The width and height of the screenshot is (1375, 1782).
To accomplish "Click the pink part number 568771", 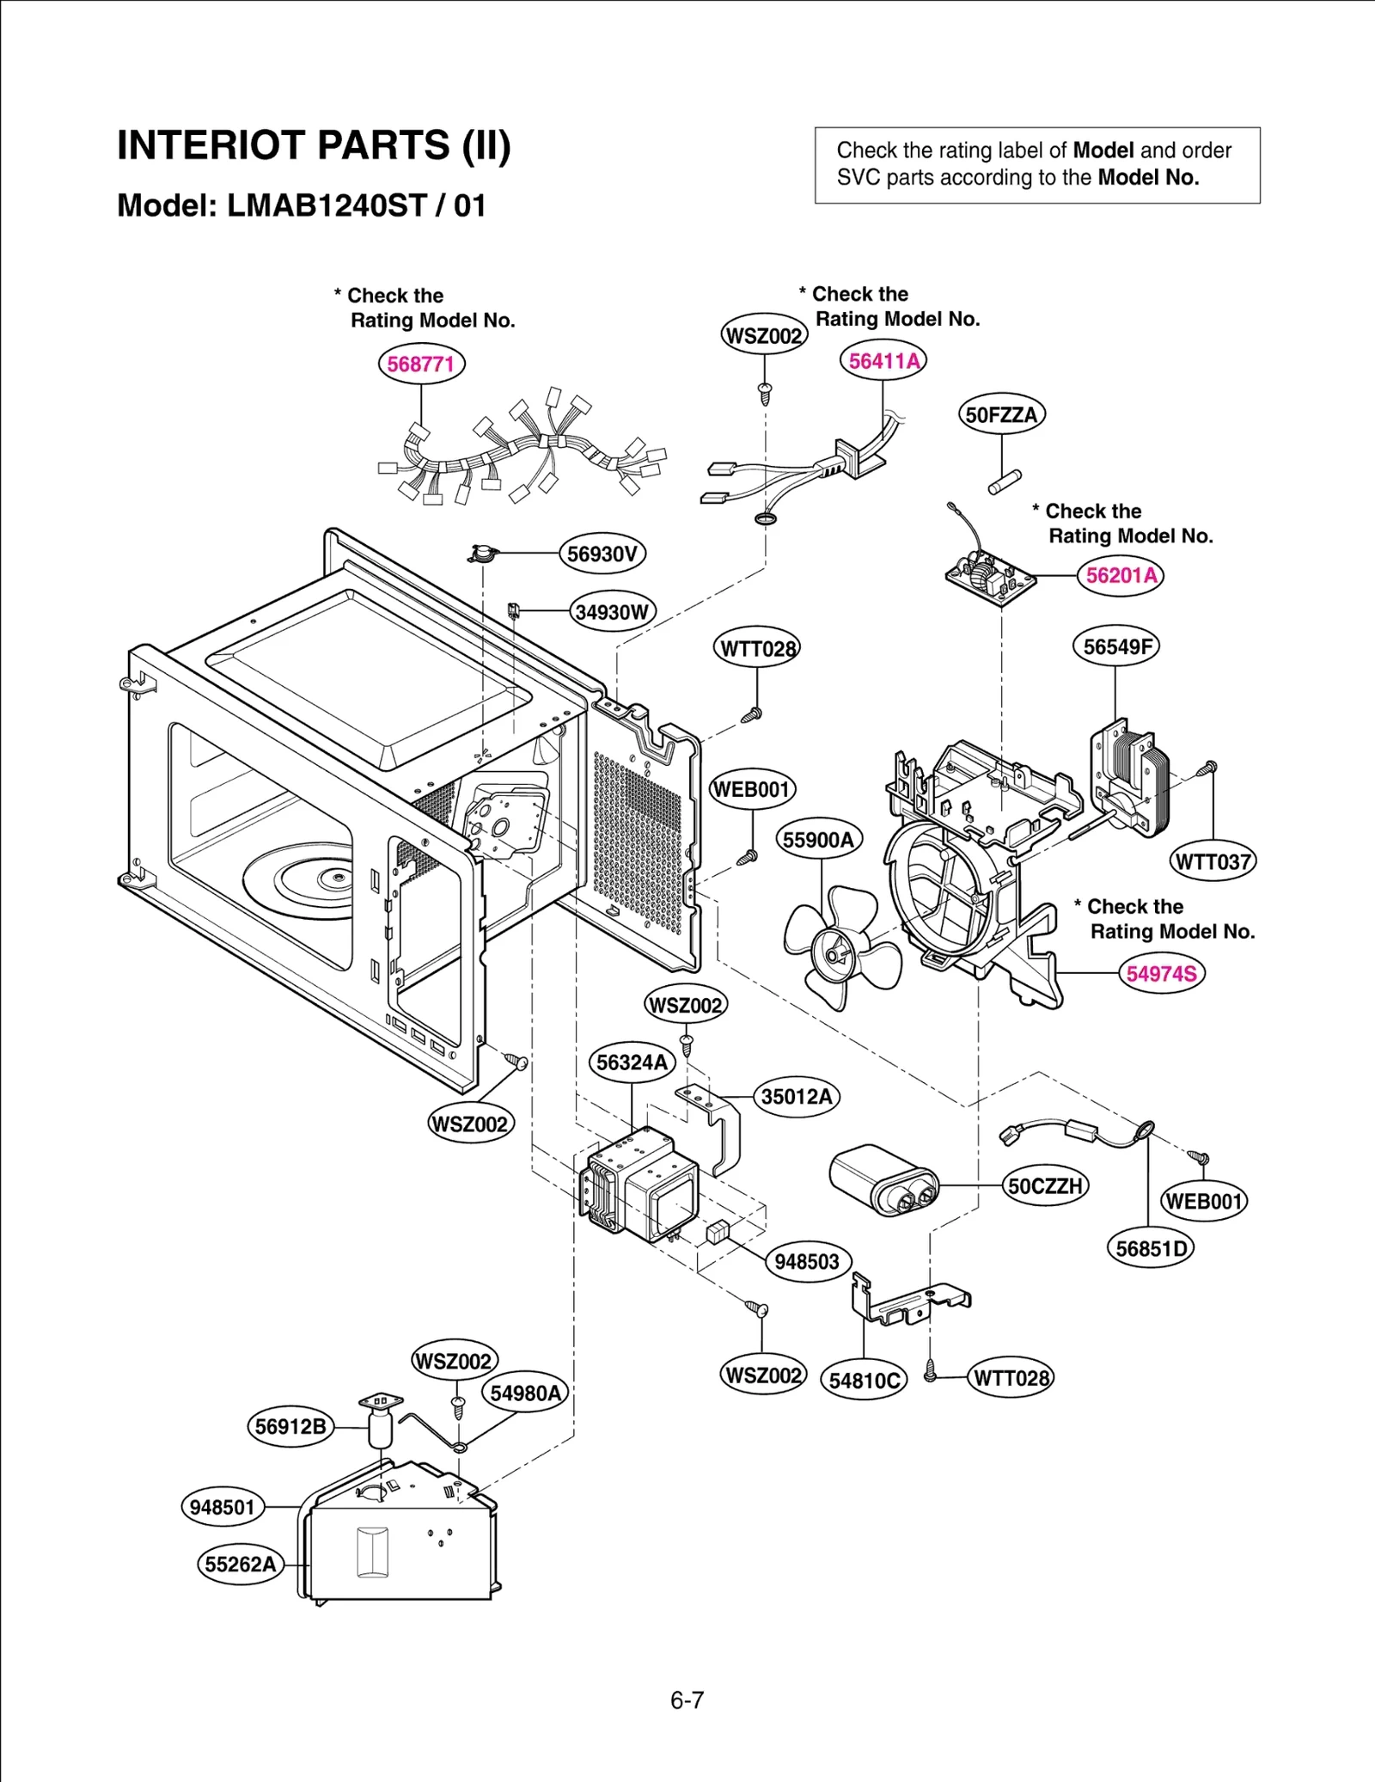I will point(420,364).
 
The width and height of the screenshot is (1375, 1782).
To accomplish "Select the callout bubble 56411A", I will point(883,361).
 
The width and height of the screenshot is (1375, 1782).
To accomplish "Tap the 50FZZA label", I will point(1001,415).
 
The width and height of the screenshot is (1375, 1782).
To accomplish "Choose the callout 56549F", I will point(1115,646).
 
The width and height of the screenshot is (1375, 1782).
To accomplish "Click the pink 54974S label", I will point(1161,974).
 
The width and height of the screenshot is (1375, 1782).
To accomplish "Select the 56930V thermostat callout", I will point(602,554).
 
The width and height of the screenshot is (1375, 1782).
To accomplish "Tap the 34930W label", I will point(612,612).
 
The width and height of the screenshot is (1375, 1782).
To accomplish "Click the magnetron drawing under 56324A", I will point(640,1186).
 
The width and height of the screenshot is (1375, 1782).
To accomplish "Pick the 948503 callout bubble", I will point(807,1262).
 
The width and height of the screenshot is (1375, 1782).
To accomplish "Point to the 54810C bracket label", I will point(864,1381).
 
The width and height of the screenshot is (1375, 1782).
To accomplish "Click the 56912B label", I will point(290,1427).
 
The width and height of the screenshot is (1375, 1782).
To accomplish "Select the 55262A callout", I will point(241,1565).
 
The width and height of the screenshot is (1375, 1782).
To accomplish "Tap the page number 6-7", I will point(687,1700).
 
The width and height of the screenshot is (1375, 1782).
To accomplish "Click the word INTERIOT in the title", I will point(211,145).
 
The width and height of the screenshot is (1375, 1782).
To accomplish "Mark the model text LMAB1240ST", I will point(327,206).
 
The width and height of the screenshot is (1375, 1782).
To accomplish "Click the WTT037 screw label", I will point(1213,861).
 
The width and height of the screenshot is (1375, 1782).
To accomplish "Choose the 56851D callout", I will point(1150,1249).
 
